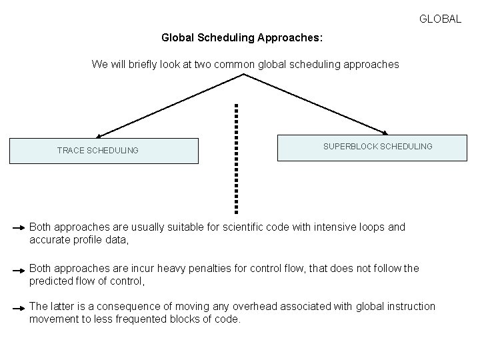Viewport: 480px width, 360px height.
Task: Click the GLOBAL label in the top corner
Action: point(440,19)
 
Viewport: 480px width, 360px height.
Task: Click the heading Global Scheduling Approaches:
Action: point(242,38)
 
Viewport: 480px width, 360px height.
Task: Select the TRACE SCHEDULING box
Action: point(103,151)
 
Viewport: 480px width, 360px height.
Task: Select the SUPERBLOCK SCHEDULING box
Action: point(372,148)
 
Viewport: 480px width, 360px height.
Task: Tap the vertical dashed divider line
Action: point(236,157)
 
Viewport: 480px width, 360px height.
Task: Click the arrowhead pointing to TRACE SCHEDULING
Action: point(99,136)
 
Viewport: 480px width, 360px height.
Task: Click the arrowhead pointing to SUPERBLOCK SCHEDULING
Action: point(386,133)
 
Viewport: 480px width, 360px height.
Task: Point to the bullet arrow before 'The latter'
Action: point(19,309)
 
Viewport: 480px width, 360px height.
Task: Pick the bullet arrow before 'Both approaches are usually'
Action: point(19,229)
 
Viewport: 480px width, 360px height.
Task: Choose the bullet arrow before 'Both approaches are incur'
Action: point(19,271)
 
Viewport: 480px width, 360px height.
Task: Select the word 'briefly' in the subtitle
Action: point(139,64)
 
